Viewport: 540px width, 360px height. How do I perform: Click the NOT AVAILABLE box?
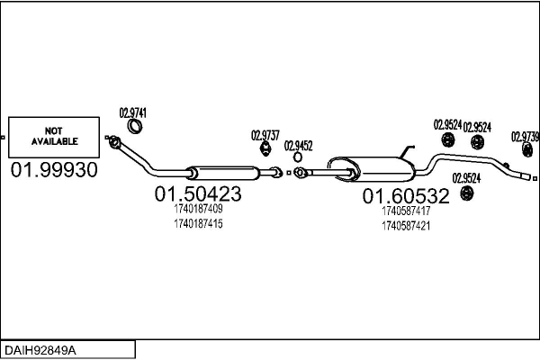54,137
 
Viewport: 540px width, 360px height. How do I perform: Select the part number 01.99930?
54,170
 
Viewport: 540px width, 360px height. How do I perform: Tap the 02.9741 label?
133,113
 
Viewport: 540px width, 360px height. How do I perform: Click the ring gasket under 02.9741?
135,126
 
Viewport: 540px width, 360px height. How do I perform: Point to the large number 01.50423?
198,194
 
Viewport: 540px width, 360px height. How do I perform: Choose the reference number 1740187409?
198,209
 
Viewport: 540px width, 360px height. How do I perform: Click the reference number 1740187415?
198,224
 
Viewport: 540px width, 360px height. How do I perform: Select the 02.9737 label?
265,135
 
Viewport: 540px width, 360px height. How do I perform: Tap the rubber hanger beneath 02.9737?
265,148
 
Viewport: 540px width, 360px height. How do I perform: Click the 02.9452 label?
298,146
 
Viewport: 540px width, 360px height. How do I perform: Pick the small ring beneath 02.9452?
298,157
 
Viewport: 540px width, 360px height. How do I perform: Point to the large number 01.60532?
406,196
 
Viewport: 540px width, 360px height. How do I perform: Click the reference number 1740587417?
406,211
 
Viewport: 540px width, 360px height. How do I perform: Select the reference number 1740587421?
406,226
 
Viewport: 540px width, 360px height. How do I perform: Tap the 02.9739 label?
525,137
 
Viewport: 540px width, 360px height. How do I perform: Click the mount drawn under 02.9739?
527,149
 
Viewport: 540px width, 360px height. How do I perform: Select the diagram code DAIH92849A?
40,350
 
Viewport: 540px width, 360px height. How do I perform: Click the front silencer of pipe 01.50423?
223,173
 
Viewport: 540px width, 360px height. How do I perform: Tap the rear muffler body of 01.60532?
371,169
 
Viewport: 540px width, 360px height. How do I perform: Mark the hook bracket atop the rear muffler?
407,151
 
